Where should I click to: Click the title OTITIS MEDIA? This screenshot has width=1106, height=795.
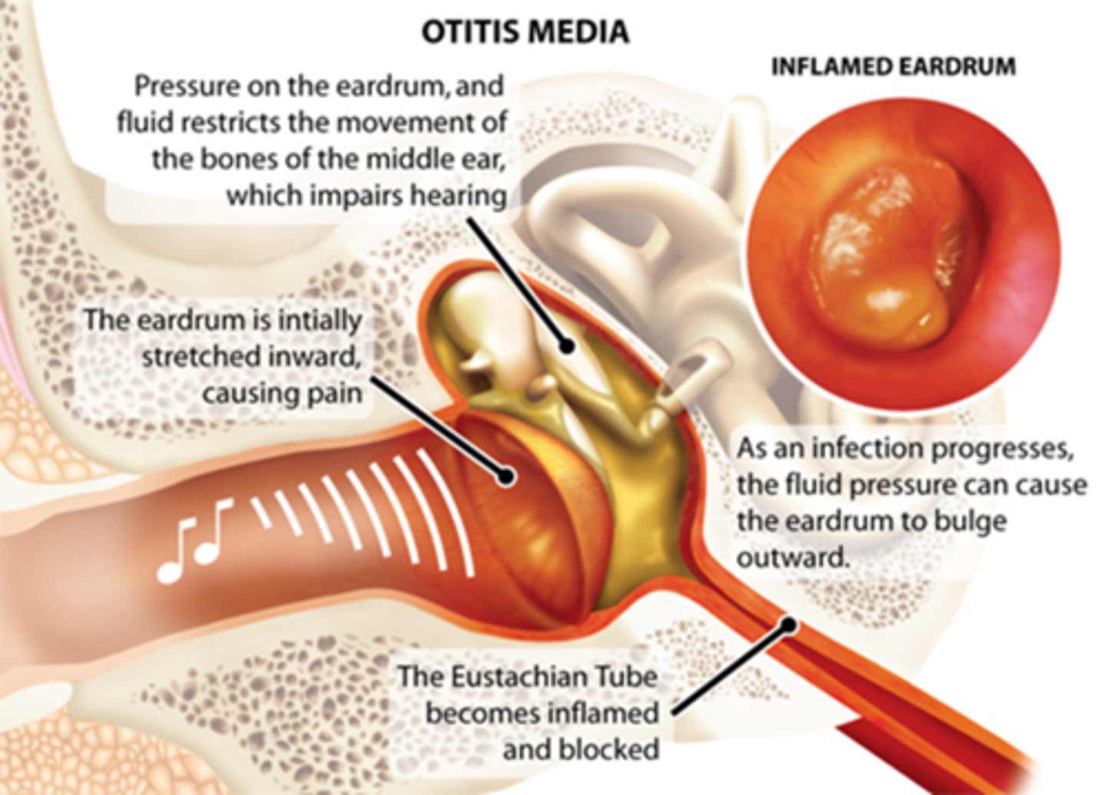pyautogui.click(x=525, y=31)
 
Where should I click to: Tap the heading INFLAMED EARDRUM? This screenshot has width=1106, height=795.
pyautogui.click(x=893, y=67)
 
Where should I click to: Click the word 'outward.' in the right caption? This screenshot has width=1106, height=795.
pyautogui.click(x=793, y=558)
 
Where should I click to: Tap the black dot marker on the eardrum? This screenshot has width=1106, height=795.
pyautogui.click(x=505, y=476)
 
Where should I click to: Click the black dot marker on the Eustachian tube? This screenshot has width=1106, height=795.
pyautogui.click(x=786, y=625)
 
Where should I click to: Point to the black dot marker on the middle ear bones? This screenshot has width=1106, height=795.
pyautogui.click(x=567, y=346)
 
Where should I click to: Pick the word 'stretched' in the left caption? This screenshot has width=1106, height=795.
pyautogui.click(x=195, y=357)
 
